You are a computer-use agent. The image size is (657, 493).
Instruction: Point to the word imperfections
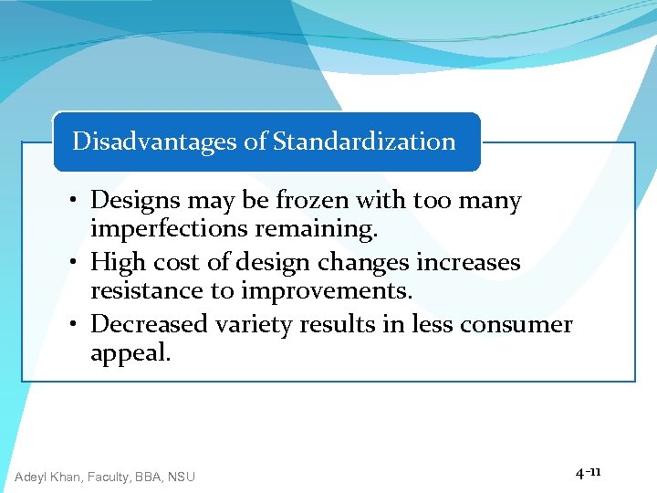pyautogui.click(x=169, y=229)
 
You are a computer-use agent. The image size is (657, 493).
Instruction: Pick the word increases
pyautogui.click(x=468, y=263)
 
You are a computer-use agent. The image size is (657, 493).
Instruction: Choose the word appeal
pyautogui.click(x=130, y=353)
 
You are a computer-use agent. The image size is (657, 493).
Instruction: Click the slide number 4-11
pyautogui.click(x=588, y=473)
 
